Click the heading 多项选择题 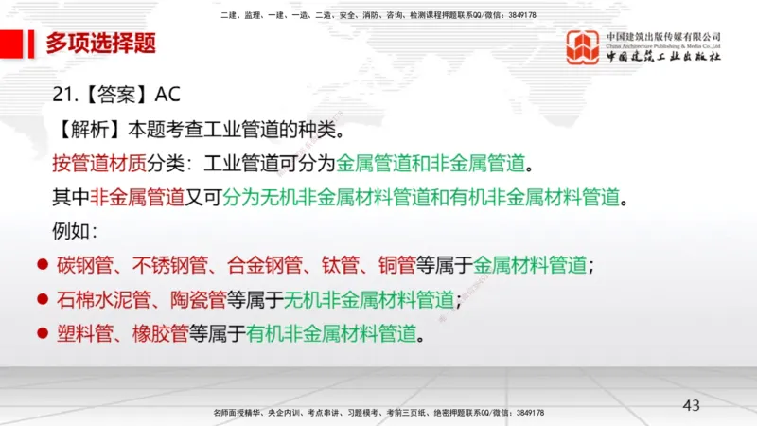(100, 43)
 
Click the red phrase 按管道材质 (99, 163)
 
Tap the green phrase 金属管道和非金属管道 (431, 163)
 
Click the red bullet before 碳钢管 (41, 265)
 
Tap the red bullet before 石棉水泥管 (41, 300)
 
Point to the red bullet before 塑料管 (41, 333)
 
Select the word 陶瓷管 (198, 300)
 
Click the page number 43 (691, 406)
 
